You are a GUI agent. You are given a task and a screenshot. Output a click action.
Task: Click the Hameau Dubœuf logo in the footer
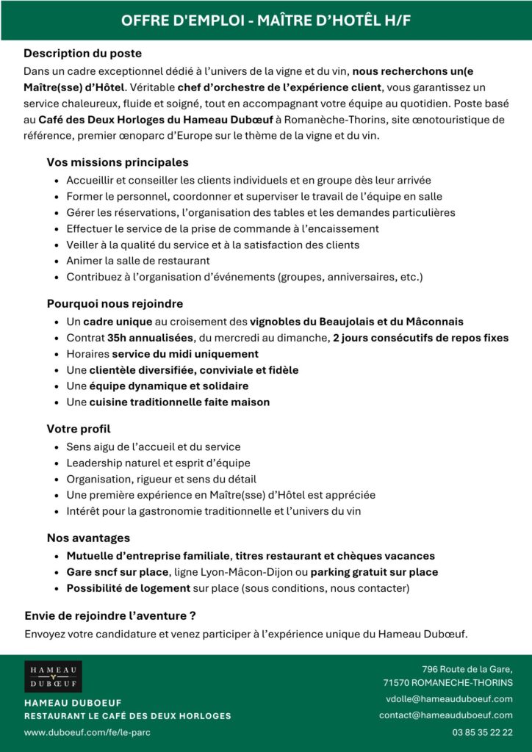tap(54, 676)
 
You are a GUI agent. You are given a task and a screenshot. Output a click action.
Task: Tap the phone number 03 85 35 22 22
tap(482, 732)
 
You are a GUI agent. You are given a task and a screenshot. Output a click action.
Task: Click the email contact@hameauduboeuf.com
tap(446, 715)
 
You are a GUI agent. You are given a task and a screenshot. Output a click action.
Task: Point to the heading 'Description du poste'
tap(83, 54)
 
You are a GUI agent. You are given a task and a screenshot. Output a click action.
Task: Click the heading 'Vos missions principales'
tap(118, 162)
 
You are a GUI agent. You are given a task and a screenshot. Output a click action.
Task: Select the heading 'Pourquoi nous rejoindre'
tap(115, 303)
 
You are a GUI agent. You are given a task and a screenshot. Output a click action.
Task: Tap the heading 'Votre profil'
tap(79, 428)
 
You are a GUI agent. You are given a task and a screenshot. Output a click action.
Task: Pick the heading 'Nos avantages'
tap(88, 538)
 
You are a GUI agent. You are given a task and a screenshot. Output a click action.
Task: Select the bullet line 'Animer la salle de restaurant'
tap(138, 260)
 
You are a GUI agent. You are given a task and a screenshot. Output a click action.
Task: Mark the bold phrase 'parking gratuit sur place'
tap(374, 572)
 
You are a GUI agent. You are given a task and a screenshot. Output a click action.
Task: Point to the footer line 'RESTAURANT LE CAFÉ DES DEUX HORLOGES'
tap(128, 716)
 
